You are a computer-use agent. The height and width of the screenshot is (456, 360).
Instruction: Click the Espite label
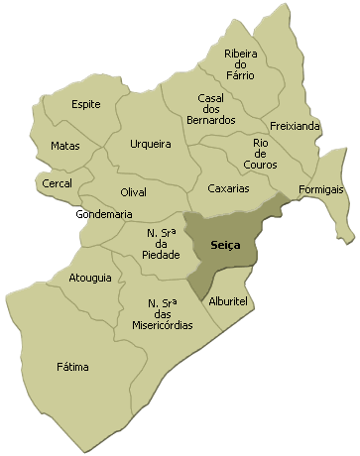click(x=86, y=104)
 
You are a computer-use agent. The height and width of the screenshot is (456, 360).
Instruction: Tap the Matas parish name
click(x=65, y=146)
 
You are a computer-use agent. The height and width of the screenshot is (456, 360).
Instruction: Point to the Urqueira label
click(x=151, y=145)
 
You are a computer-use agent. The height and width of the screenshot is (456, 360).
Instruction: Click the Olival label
click(x=133, y=190)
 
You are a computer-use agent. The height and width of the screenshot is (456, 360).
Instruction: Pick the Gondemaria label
click(x=104, y=214)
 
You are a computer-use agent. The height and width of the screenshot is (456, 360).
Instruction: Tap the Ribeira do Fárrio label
click(x=240, y=63)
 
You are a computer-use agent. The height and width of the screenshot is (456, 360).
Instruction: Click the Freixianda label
click(x=295, y=127)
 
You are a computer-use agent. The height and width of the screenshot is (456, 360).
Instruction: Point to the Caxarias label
click(x=229, y=187)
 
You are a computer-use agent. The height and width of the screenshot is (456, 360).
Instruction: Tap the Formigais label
click(x=321, y=188)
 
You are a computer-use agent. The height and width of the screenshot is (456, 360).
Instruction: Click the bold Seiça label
click(x=226, y=245)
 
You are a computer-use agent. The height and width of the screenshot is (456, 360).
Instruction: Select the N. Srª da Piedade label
click(x=161, y=244)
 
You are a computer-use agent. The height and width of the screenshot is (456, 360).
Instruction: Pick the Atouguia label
click(x=90, y=279)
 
